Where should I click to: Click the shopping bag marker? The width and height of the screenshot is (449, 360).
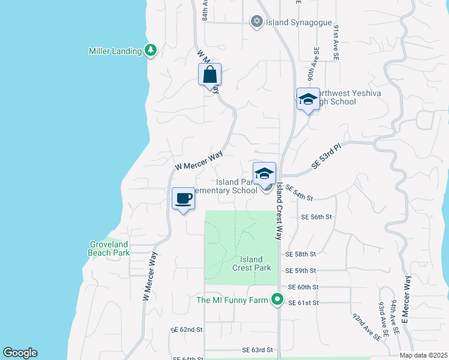[209, 76]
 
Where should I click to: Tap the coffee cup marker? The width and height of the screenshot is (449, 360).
[184, 198]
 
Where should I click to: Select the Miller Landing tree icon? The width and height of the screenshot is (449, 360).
[151, 51]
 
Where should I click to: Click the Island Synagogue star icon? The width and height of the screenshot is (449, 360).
[257, 22]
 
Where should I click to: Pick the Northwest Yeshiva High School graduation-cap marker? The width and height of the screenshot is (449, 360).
[308, 99]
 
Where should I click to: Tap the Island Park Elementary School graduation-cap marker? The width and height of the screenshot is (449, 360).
[264, 174]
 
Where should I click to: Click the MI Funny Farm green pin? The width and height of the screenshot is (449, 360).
[277, 299]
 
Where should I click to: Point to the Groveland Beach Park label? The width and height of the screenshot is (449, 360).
[110, 248]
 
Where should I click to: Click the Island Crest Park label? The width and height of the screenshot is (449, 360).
[252, 263]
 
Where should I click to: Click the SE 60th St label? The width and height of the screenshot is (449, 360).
[303, 287]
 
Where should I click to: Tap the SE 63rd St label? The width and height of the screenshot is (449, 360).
[258, 350]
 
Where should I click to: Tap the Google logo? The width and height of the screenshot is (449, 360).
[20, 353]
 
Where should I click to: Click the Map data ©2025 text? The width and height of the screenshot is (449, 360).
[423, 355]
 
